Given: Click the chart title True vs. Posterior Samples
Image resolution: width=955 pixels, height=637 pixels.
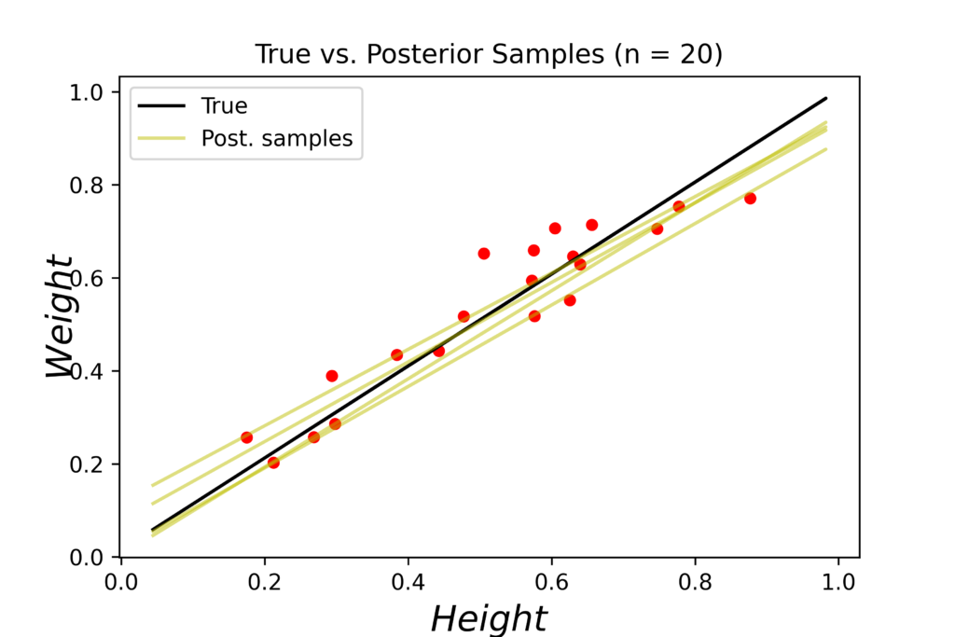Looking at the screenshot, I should (x=489, y=55).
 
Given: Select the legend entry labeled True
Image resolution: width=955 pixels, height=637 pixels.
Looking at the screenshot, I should (x=224, y=106).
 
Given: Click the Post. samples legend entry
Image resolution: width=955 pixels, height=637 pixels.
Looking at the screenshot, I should (x=277, y=140).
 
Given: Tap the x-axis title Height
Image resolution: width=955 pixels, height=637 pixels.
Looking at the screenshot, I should (x=489, y=618).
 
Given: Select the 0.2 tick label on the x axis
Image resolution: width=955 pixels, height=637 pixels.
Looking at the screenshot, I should (x=265, y=583).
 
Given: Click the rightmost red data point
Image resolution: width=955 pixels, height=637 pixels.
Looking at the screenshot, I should (x=750, y=199).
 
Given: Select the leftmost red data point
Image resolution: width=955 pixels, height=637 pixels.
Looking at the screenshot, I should (x=246, y=437).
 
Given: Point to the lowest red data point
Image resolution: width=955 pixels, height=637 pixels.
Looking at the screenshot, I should (x=273, y=463).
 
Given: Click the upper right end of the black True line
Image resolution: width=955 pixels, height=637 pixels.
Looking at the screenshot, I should (x=826, y=98).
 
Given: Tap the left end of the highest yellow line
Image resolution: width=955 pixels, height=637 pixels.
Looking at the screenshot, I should (x=152, y=486).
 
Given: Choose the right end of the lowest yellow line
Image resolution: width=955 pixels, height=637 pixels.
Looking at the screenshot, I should (x=826, y=149).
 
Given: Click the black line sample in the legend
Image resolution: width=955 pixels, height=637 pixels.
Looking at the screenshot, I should (x=165, y=106).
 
